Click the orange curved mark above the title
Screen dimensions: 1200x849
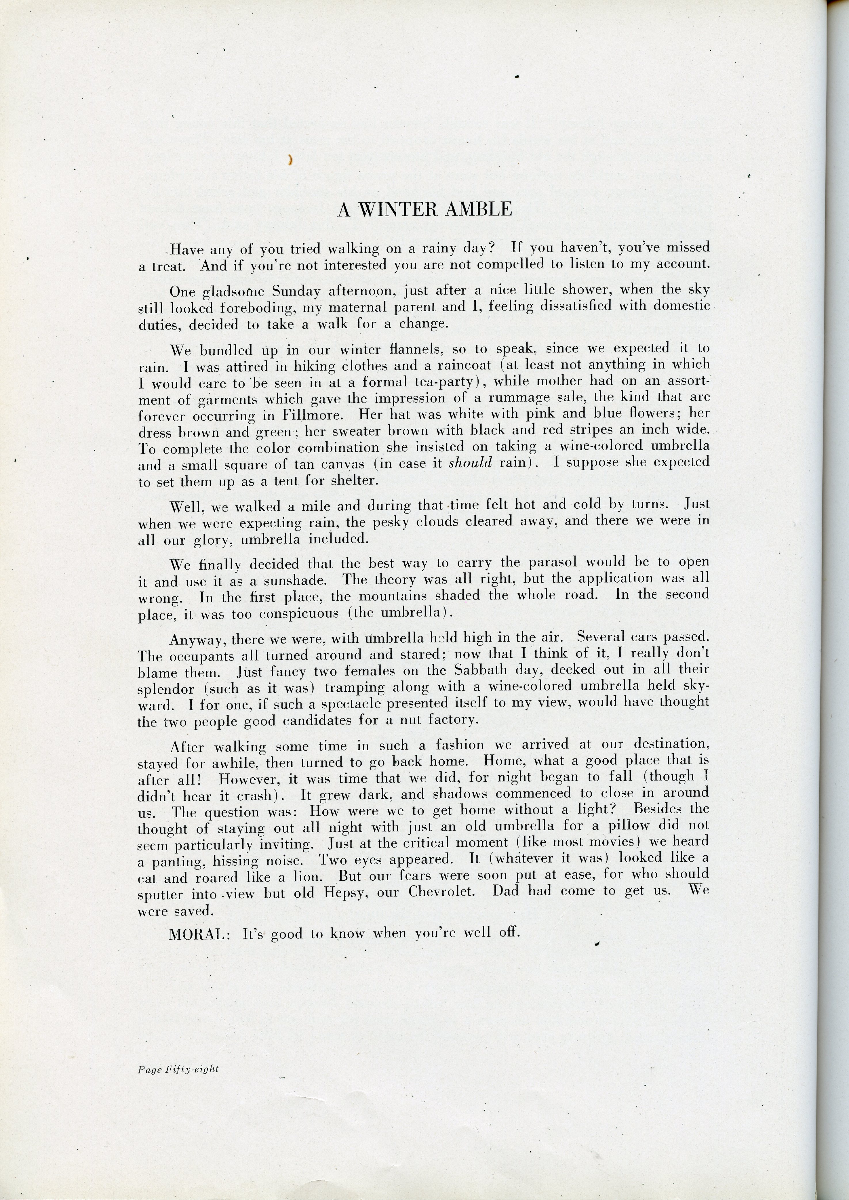(x=289, y=161)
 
